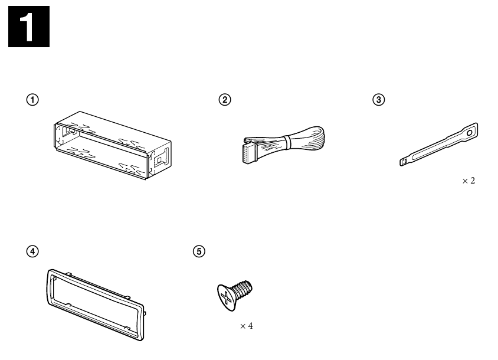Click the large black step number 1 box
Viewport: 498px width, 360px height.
click(29, 27)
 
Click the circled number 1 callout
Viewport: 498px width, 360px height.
click(32, 100)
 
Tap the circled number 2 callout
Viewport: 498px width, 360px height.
click(225, 100)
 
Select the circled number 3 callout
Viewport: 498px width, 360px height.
click(379, 100)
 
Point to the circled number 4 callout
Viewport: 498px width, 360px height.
click(32, 251)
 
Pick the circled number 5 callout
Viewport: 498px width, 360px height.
click(199, 251)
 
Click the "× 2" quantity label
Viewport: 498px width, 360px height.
click(468, 181)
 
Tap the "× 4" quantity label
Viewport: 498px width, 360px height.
click(247, 326)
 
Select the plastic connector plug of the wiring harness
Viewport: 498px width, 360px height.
click(250, 153)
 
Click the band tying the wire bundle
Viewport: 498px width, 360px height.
click(287, 142)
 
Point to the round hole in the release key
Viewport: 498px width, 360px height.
click(470, 133)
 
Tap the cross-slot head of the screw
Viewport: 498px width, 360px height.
click(227, 297)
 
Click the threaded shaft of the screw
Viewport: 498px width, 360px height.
click(243, 289)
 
